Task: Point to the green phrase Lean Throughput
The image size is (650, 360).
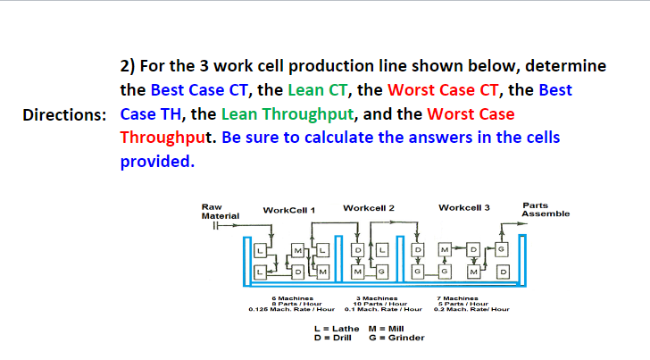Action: (288, 115)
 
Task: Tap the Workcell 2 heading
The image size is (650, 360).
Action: (368, 208)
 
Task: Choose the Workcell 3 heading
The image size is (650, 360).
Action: (464, 208)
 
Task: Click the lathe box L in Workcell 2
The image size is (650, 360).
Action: (381, 247)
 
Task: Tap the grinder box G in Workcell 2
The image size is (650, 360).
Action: (381, 271)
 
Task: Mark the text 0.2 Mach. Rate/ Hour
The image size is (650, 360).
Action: (471, 309)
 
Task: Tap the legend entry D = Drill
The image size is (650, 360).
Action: (334, 338)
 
